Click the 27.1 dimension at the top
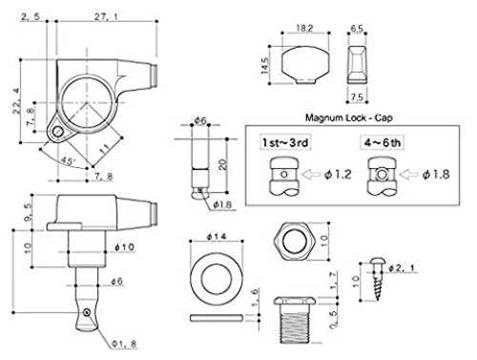pyautogui.click(x=106, y=16)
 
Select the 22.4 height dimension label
pyautogui.click(x=16, y=101)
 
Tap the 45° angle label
pyautogui.click(x=67, y=160)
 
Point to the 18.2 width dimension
pyautogui.click(x=304, y=28)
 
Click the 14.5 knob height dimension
pyautogui.click(x=265, y=66)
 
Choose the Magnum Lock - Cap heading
pyautogui.click(x=349, y=117)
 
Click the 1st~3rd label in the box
pyautogui.click(x=285, y=142)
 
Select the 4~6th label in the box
pyautogui.click(x=383, y=142)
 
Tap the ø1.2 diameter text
pyautogui.click(x=338, y=175)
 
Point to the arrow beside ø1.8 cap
pyautogui.click(x=408, y=174)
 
